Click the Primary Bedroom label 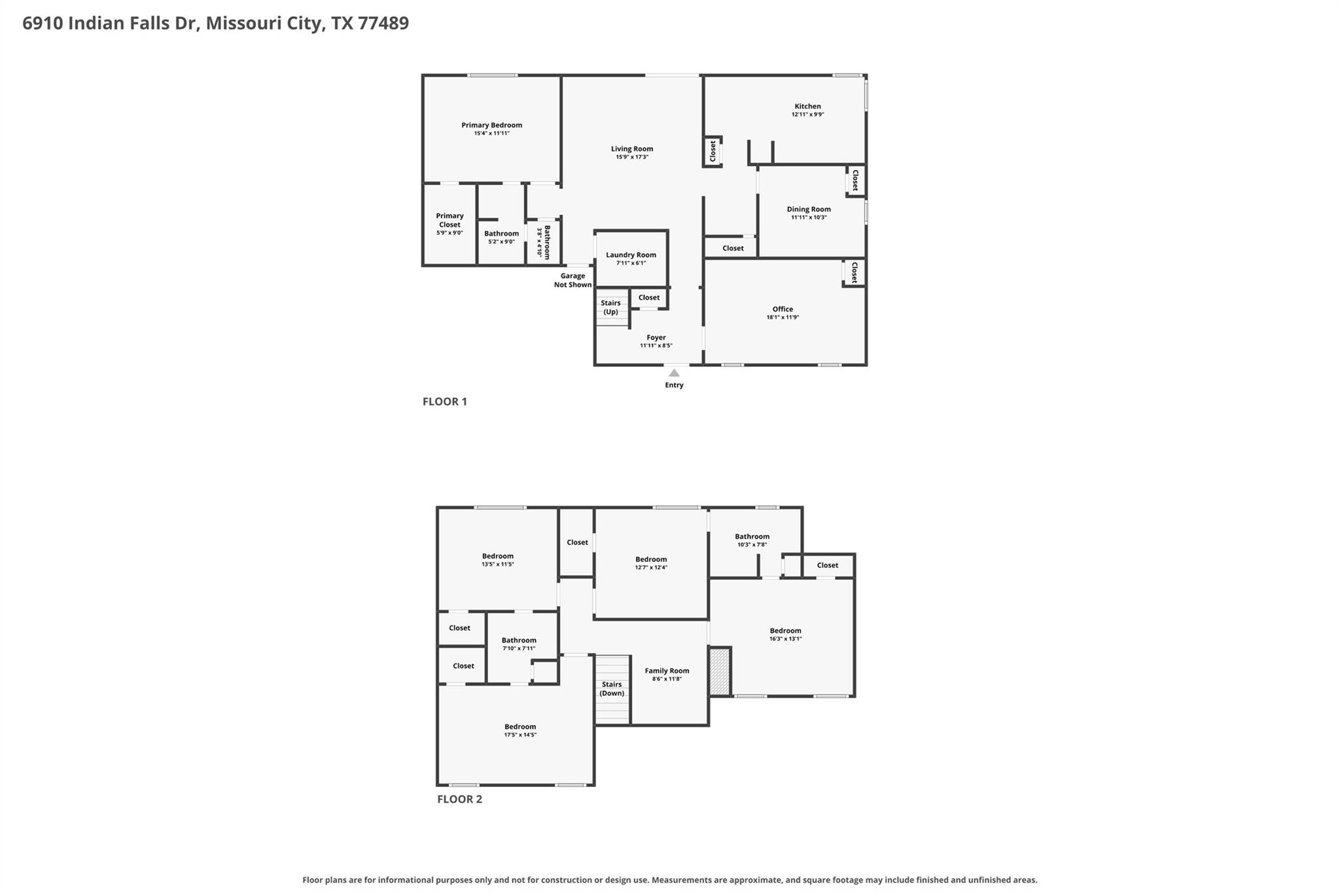tap(491, 125)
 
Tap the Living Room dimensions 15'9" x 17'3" tap(631, 157)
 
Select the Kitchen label tap(807, 106)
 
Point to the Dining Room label tap(809, 209)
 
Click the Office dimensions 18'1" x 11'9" tap(783, 317)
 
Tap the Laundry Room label tap(631, 255)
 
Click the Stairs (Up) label tap(610, 307)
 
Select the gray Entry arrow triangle tap(674, 372)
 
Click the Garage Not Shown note tap(573, 280)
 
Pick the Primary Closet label tap(450, 220)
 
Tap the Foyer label tap(656, 338)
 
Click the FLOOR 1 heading tap(445, 402)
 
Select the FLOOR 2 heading tap(459, 799)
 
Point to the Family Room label tap(667, 671)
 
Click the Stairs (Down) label tap(612, 689)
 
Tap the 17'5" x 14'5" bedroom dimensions tap(520, 735)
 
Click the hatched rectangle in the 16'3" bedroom tap(720, 671)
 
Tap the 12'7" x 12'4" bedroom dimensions tap(651, 568)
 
